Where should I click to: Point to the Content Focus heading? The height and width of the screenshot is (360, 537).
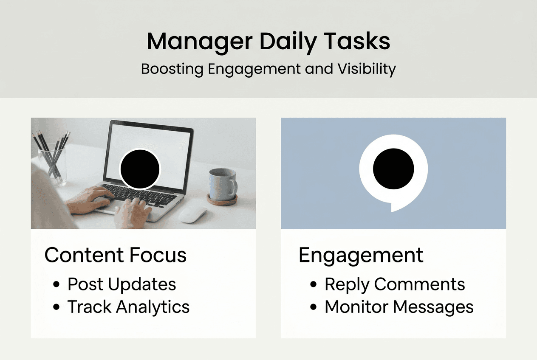[x=116, y=255]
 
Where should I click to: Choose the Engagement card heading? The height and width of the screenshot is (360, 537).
[x=361, y=255]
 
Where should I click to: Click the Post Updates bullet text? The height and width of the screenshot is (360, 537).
[x=122, y=284]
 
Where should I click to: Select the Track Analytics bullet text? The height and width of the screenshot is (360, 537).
[x=128, y=307]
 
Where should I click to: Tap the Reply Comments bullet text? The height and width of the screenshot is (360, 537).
[x=395, y=284]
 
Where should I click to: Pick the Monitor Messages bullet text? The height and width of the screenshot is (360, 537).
[x=399, y=307]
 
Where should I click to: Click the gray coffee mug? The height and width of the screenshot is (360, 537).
[x=220, y=184]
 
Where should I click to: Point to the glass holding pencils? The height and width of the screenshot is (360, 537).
[x=52, y=166]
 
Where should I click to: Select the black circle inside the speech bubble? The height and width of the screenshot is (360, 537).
[x=393, y=169]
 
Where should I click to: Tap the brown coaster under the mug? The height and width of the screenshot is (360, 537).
[x=222, y=201]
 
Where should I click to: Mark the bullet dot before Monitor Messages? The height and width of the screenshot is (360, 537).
[x=314, y=307]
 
